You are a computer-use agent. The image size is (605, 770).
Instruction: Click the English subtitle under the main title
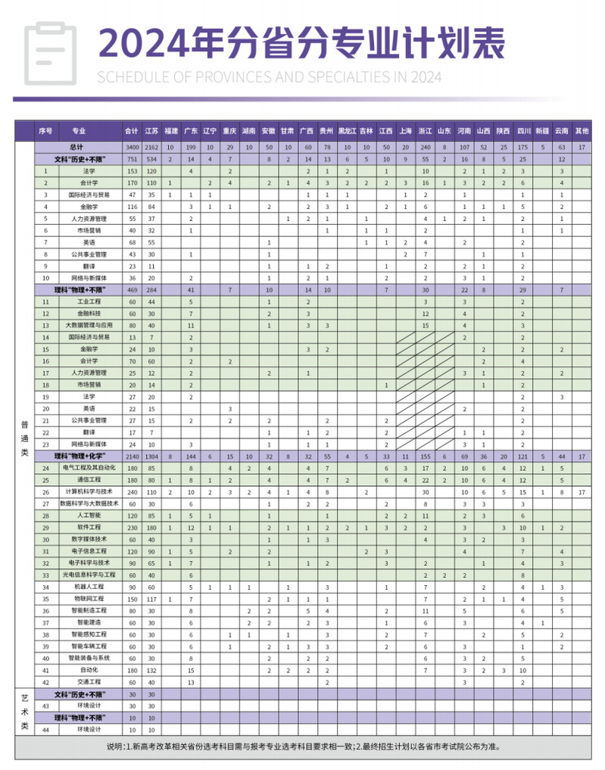click(x=270, y=76)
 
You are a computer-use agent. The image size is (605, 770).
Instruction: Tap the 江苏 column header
click(x=151, y=130)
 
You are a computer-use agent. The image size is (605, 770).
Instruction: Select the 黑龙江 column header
click(x=347, y=130)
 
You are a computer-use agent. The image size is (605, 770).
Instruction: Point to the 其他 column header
click(x=581, y=130)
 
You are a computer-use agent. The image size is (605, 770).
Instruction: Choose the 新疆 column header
click(x=542, y=130)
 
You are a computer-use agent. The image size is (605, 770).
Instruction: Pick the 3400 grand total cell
click(x=131, y=146)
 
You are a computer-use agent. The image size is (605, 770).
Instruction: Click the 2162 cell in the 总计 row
click(x=151, y=146)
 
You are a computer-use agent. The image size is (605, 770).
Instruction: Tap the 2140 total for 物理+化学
click(x=131, y=457)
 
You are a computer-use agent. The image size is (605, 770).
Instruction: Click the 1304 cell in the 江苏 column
click(x=151, y=457)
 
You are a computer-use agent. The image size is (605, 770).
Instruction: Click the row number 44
click(x=45, y=729)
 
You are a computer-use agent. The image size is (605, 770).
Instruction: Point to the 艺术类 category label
click(x=24, y=712)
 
